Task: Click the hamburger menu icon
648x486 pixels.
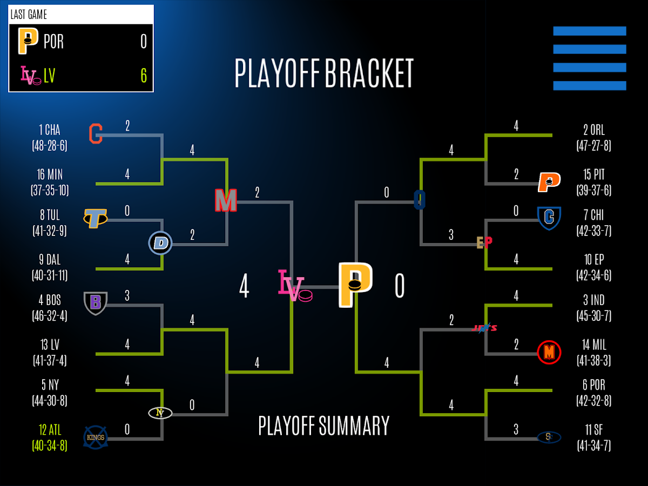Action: (589, 58)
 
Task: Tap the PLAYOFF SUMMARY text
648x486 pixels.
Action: (324, 426)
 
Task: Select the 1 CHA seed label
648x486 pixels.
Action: (50, 130)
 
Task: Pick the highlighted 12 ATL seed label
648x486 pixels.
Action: (50, 430)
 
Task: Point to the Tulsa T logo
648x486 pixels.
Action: (95, 218)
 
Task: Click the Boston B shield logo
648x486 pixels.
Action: (96, 302)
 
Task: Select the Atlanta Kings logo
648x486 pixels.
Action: (96, 437)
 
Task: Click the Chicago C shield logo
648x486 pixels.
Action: (549, 217)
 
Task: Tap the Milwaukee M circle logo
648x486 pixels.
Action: (549, 353)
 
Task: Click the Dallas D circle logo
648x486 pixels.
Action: (160, 243)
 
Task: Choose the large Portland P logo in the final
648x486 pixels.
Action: (355, 285)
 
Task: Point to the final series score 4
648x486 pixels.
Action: (244, 286)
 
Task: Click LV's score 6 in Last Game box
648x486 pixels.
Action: (144, 76)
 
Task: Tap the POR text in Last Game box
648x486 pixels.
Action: (53, 42)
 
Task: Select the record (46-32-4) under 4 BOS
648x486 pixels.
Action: (50, 316)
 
